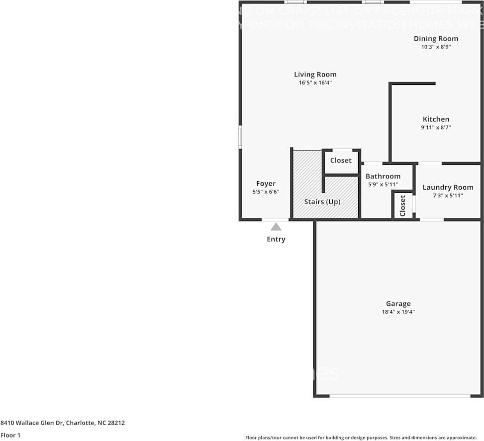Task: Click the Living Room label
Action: tap(315, 74)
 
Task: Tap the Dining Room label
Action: tap(436, 38)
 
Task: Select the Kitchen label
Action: tap(436, 119)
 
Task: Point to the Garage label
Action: tap(398, 304)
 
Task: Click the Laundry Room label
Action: tap(448, 187)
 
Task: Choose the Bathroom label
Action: tap(383, 176)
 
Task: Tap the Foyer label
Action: tap(266, 184)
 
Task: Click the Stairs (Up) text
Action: tap(322, 202)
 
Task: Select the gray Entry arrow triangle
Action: tap(276, 227)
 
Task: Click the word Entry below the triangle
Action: tap(276, 239)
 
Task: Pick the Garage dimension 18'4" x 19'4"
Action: tap(398, 312)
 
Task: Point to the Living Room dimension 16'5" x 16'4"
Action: tap(315, 83)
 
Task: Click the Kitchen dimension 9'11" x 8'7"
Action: tap(436, 128)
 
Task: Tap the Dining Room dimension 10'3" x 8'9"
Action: tap(436, 47)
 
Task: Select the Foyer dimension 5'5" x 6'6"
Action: tap(266, 192)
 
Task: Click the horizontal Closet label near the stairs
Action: tap(341, 160)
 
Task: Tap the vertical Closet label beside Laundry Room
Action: tap(403, 205)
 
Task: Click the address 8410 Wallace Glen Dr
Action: tap(63, 423)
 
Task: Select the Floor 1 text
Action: tap(11, 435)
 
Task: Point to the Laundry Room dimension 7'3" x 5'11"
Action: tap(448, 196)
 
